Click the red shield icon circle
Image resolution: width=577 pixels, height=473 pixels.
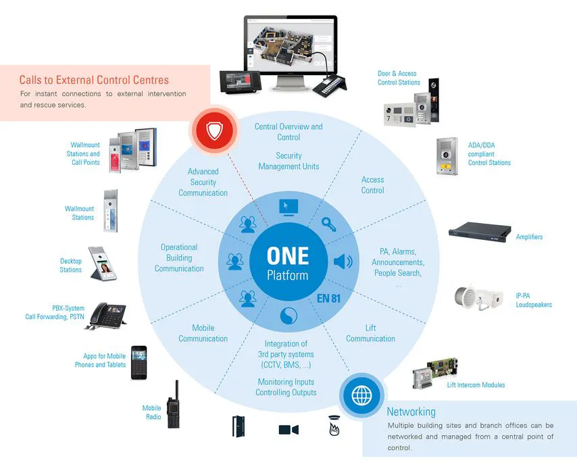(215, 130)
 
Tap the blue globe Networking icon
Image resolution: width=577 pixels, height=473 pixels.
(361, 396)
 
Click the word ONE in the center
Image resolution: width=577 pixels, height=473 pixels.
(288, 256)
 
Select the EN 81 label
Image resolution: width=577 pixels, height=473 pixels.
(328, 298)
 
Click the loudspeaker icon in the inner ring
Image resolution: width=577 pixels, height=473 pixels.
(343, 262)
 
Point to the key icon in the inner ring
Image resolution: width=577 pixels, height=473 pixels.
(328, 224)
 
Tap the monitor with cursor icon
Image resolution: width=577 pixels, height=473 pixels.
(288, 208)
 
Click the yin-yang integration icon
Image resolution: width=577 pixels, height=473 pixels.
(288, 316)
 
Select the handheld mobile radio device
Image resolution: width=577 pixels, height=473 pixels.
(174, 405)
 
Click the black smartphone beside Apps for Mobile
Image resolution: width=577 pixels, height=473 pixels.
(139, 363)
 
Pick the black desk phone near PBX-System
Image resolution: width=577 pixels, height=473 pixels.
(106, 316)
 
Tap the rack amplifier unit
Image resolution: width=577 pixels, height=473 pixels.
(480, 232)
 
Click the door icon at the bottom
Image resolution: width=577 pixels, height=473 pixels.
(239, 426)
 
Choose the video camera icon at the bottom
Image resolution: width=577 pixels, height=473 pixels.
(288, 430)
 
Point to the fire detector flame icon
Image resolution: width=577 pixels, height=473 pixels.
(334, 426)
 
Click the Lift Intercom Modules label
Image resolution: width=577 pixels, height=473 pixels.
(476, 385)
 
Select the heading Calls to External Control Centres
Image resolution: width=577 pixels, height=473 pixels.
(94, 80)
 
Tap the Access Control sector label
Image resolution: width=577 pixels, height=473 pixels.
(372, 185)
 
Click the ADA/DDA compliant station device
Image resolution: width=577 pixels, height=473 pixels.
(447, 156)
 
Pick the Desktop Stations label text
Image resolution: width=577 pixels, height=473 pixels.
(71, 266)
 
